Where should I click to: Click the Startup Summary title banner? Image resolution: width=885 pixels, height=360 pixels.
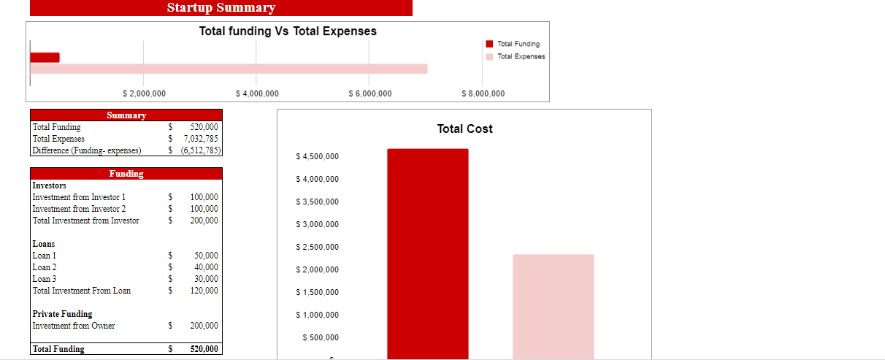[x=221, y=8]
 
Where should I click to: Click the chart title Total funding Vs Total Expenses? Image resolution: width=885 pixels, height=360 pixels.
[x=288, y=31]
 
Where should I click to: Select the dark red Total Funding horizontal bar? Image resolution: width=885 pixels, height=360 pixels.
[x=45, y=58]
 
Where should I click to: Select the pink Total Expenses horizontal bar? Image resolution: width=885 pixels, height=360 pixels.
[x=228, y=69]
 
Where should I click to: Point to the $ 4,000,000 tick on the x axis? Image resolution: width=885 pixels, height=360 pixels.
[x=258, y=93]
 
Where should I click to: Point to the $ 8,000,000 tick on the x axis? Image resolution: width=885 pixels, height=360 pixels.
[x=483, y=93]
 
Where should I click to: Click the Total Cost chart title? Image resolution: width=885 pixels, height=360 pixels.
[x=464, y=129]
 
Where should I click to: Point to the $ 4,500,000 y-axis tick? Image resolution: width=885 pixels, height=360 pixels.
[x=317, y=157]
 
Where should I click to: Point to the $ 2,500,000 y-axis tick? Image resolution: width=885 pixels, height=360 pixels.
[x=317, y=248]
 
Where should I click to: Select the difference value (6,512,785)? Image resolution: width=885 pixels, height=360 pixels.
[x=199, y=150]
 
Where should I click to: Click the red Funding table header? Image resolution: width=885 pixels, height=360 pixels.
[x=126, y=174]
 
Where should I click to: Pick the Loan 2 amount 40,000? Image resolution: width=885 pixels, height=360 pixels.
[x=206, y=267]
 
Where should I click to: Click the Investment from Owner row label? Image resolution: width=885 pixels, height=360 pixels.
[x=74, y=326]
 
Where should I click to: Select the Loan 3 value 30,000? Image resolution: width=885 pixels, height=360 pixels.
[x=206, y=279]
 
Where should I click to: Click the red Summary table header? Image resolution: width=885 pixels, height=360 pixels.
[x=126, y=115]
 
